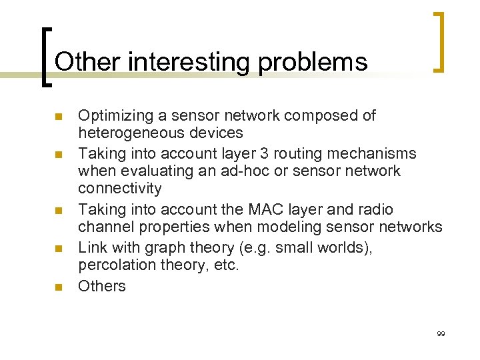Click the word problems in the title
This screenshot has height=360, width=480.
coord(313,62)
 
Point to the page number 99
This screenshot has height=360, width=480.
coord(441,333)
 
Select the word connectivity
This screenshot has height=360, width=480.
coord(119,189)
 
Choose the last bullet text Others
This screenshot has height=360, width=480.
coord(101,286)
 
